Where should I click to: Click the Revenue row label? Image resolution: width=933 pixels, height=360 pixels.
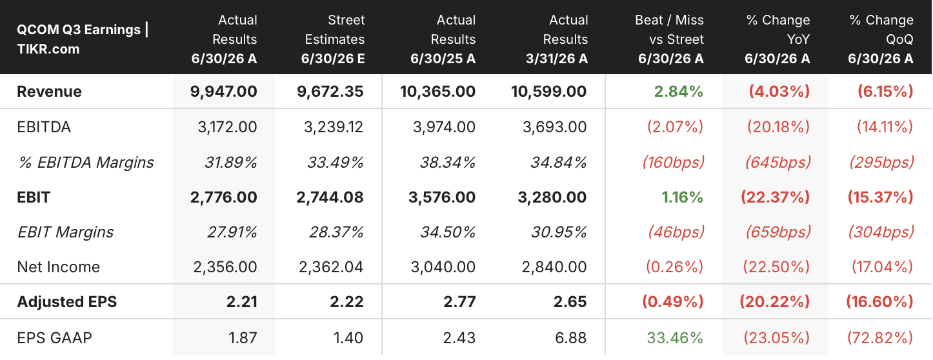tap(49, 91)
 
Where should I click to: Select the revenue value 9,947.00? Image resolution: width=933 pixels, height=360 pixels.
tap(223, 91)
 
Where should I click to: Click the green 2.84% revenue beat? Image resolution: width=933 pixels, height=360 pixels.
tap(679, 91)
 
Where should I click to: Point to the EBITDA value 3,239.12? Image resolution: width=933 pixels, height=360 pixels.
tap(333, 126)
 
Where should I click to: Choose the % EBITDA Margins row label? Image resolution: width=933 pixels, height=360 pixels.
tap(86, 162)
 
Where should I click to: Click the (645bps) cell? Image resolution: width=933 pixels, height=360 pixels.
tap(778, 162)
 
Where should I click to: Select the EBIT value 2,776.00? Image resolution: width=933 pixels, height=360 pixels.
tap(223, 197)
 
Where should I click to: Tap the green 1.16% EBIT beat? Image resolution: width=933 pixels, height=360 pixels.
tap(682, 197)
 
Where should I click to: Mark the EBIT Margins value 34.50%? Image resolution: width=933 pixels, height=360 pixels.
tap(448, 232)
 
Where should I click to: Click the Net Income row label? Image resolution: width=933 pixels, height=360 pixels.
tap(58, 267)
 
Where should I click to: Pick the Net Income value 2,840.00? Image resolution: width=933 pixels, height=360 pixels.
tap(554, 267)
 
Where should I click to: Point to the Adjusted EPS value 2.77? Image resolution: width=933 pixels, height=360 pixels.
tap(459, 302)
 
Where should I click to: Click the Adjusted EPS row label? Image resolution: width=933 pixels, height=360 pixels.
tap(66, 302)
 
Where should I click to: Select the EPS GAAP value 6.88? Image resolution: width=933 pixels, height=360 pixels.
tap(570, 337)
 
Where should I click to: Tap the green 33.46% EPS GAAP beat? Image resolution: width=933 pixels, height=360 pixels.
tap(675, 337)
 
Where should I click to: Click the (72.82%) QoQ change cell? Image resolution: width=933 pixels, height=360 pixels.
tap(880, 337)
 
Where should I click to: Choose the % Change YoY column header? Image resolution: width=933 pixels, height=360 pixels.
tap(777, 39)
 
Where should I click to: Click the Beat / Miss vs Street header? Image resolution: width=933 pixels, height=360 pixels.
tap(669, 39)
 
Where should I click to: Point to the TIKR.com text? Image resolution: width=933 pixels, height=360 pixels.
tap(48, 49)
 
